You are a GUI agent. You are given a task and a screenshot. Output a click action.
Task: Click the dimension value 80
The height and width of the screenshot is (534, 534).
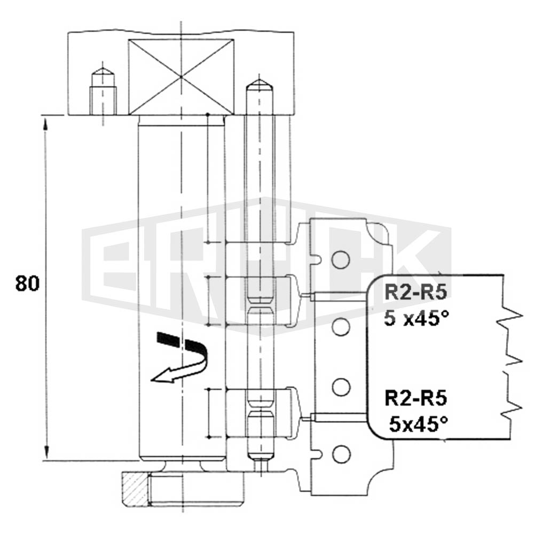27,284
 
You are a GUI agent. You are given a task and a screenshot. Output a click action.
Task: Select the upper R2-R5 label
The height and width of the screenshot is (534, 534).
415,293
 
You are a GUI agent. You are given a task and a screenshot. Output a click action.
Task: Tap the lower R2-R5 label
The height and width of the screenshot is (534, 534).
415,398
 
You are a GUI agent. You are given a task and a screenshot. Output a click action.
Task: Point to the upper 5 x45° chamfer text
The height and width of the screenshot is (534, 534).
417,318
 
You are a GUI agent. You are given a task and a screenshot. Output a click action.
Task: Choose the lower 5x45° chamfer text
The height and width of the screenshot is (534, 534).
419,424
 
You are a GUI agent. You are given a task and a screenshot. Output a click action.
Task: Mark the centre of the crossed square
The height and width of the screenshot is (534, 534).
181,77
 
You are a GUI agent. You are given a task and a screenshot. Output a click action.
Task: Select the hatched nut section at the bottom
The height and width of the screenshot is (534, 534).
136,489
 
